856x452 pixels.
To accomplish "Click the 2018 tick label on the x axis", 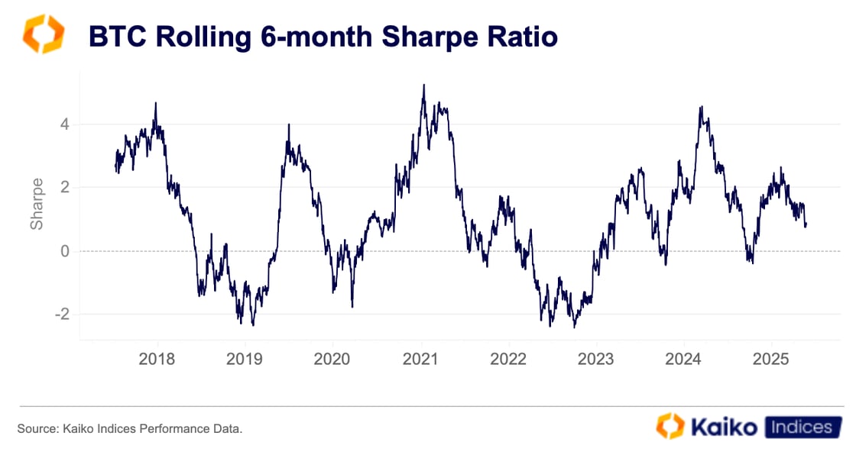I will [x=157, y=360].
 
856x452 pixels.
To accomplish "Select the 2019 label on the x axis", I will [x=245, y=360].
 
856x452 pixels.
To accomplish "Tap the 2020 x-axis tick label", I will [x=332, y=360].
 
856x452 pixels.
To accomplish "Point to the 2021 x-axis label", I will [x=420, y=360].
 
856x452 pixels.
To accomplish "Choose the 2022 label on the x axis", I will [x=507, y=360].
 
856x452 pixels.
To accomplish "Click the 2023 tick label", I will [x=595, y=360].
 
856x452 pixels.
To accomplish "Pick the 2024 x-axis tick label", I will [x=683, y=360].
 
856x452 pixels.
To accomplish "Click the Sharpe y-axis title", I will [x=37, y=204].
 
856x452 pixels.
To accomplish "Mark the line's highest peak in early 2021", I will [x=423, y=85].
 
